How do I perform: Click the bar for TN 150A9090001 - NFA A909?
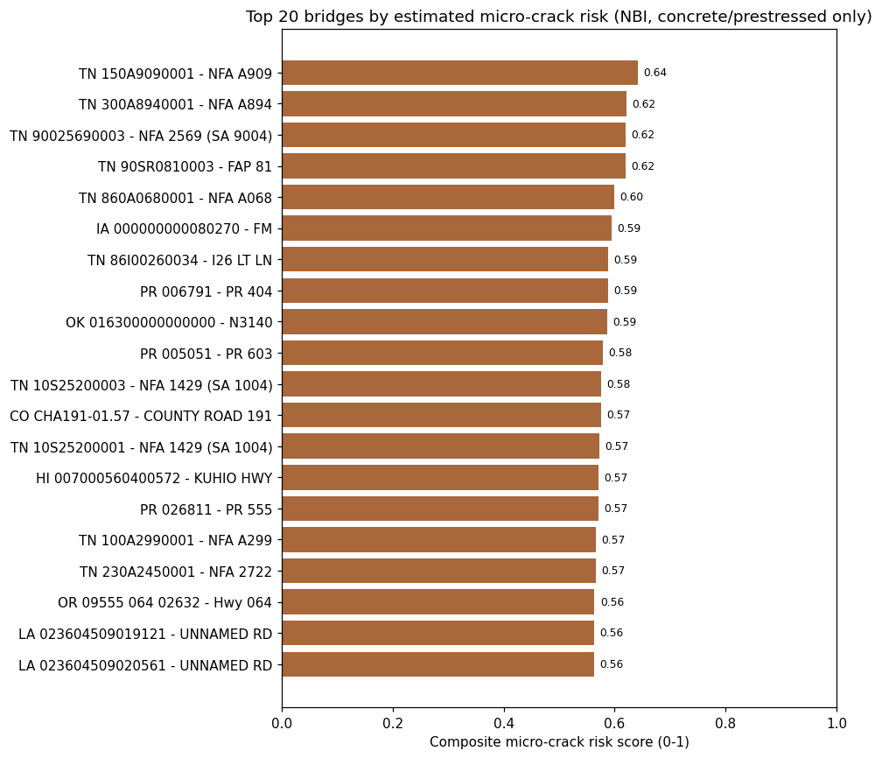point(459,73)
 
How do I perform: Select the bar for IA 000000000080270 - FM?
point(446,228)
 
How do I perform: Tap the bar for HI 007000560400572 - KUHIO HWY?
point(440,477)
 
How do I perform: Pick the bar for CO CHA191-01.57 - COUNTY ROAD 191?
point(442,415)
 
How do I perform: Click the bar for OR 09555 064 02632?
point(438,601)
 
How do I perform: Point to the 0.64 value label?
point(655,73)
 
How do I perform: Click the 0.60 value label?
point(632,197)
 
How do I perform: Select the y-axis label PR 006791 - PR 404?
point(206,292)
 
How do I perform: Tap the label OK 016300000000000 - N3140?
point(169,323)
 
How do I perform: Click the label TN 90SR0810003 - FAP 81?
point(185,167)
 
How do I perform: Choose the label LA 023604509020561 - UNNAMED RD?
point(145,666)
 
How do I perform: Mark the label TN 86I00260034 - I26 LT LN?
point(180,261)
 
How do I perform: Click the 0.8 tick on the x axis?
point(725,723)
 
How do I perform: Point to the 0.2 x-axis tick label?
point(393,723)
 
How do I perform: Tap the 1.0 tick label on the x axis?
point(837,723)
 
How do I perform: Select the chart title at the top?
point(558,17)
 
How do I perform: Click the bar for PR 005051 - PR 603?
point(443,353)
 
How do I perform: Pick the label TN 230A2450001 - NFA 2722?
point(176,572)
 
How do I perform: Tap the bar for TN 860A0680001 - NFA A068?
point(448,197)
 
